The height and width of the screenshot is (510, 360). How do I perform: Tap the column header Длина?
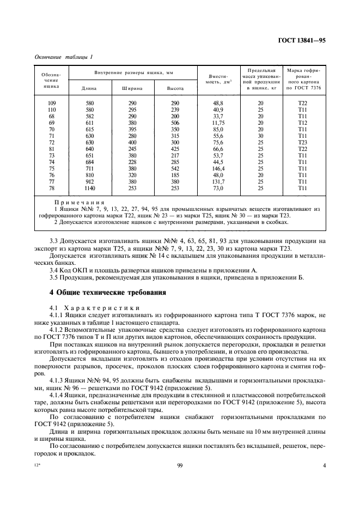click(88, 88)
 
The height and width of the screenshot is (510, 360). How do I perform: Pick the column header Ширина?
click(130, 88)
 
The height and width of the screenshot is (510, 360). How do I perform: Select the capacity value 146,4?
click(217, 168)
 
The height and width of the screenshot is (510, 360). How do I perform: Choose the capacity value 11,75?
click(217, 123)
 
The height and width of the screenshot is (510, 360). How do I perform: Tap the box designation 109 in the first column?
click(52, 103)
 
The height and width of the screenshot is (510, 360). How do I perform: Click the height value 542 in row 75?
click(175, 168)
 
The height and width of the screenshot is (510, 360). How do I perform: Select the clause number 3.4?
click(53, 269)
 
